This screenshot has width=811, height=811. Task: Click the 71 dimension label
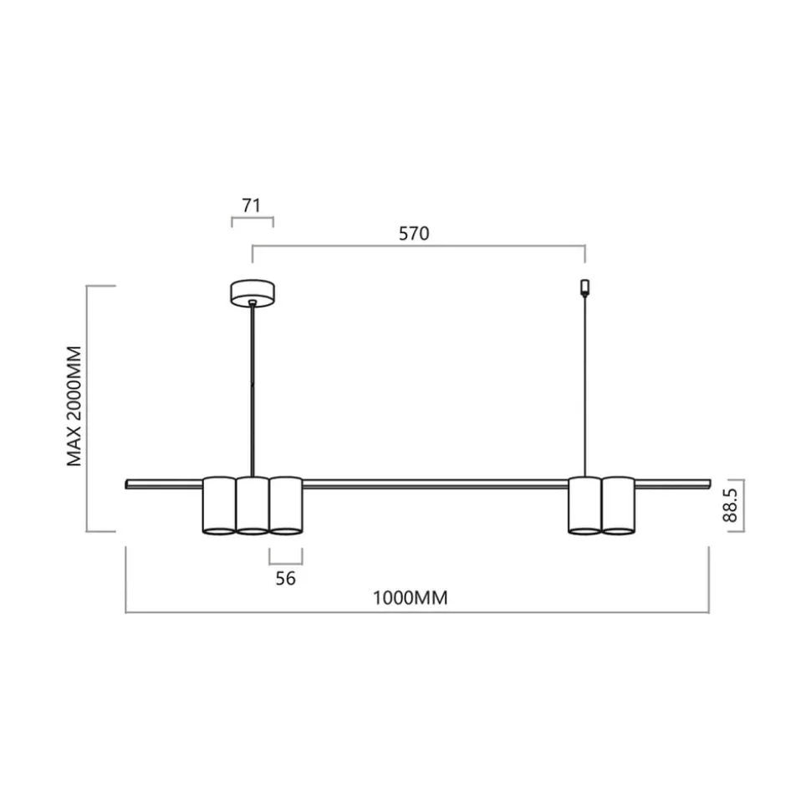[x=251, y=205]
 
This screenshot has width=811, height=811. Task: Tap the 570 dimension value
[x=414, y=234]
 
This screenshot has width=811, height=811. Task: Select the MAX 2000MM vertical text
[x=74, y=406]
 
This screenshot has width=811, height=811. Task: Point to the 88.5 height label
[x=730, y=505]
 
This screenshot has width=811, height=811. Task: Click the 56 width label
[x=285, y=578]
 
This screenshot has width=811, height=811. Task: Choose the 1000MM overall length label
[x=411, y=598]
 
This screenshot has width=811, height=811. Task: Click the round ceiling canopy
[x=252, y=292]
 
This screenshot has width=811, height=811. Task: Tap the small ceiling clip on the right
[x=585, y=287]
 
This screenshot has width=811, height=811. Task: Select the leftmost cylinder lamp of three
[x=219, y=505]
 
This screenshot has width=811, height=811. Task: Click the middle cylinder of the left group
[x=252, y=505]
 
